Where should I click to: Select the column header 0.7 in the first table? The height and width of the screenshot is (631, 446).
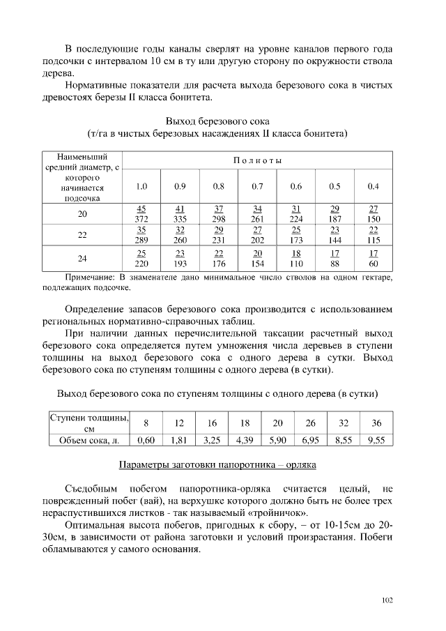click(x=257, y=186)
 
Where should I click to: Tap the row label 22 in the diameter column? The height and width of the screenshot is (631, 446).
click(x=82, y=235)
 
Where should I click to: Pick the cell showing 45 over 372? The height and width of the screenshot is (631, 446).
click(x=141, y=214)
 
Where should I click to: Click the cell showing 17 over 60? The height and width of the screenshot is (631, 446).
click(x=374, y=258)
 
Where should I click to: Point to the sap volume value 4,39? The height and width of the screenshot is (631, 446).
click(x=244, y=440)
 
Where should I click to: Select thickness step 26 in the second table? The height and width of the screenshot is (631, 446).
click(x=310, y=423)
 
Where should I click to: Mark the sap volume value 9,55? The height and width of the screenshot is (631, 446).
click(x=376, y=440)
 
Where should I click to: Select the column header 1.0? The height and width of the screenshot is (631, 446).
click(x=141, y=186)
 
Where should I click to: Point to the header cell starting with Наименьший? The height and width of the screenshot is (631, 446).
click(x=82, y=177)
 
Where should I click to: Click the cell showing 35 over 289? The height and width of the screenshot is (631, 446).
click(x=141, y=235)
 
